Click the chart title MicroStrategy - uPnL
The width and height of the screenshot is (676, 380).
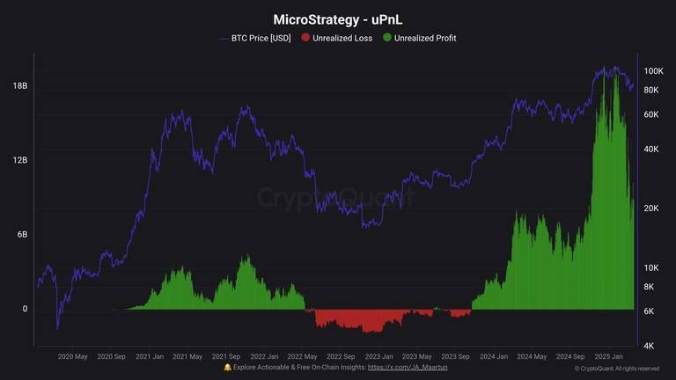point(338,20)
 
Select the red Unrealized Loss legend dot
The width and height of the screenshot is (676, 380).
point(305,38)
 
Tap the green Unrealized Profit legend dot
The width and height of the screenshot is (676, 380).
point(387,38)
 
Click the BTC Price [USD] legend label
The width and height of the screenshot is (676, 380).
point(261,38)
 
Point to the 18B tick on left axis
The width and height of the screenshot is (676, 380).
point(20,85)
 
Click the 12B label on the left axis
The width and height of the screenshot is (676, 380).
point(20,160)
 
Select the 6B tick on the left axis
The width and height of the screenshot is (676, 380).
point(22,234)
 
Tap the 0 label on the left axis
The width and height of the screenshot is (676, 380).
point(25,309)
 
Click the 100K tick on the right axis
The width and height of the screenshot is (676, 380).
point(653,71)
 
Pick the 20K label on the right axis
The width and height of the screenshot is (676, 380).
point(651,208)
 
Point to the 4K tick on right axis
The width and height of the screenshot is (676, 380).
point(649,346)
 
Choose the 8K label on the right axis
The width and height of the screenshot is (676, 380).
point(649,287)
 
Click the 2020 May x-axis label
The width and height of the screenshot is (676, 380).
point(72,357)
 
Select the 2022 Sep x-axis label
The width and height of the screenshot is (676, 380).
point(341,357)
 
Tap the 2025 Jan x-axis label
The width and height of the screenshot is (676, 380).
point(609,357)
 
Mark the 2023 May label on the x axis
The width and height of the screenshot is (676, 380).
point(417,357)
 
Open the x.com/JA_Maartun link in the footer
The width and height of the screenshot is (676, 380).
point(408,368)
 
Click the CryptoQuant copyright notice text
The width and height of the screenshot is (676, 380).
point(616,369)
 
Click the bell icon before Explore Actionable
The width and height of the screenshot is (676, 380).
point(227,368)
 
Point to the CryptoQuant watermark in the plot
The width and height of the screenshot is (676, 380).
point(336,197)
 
